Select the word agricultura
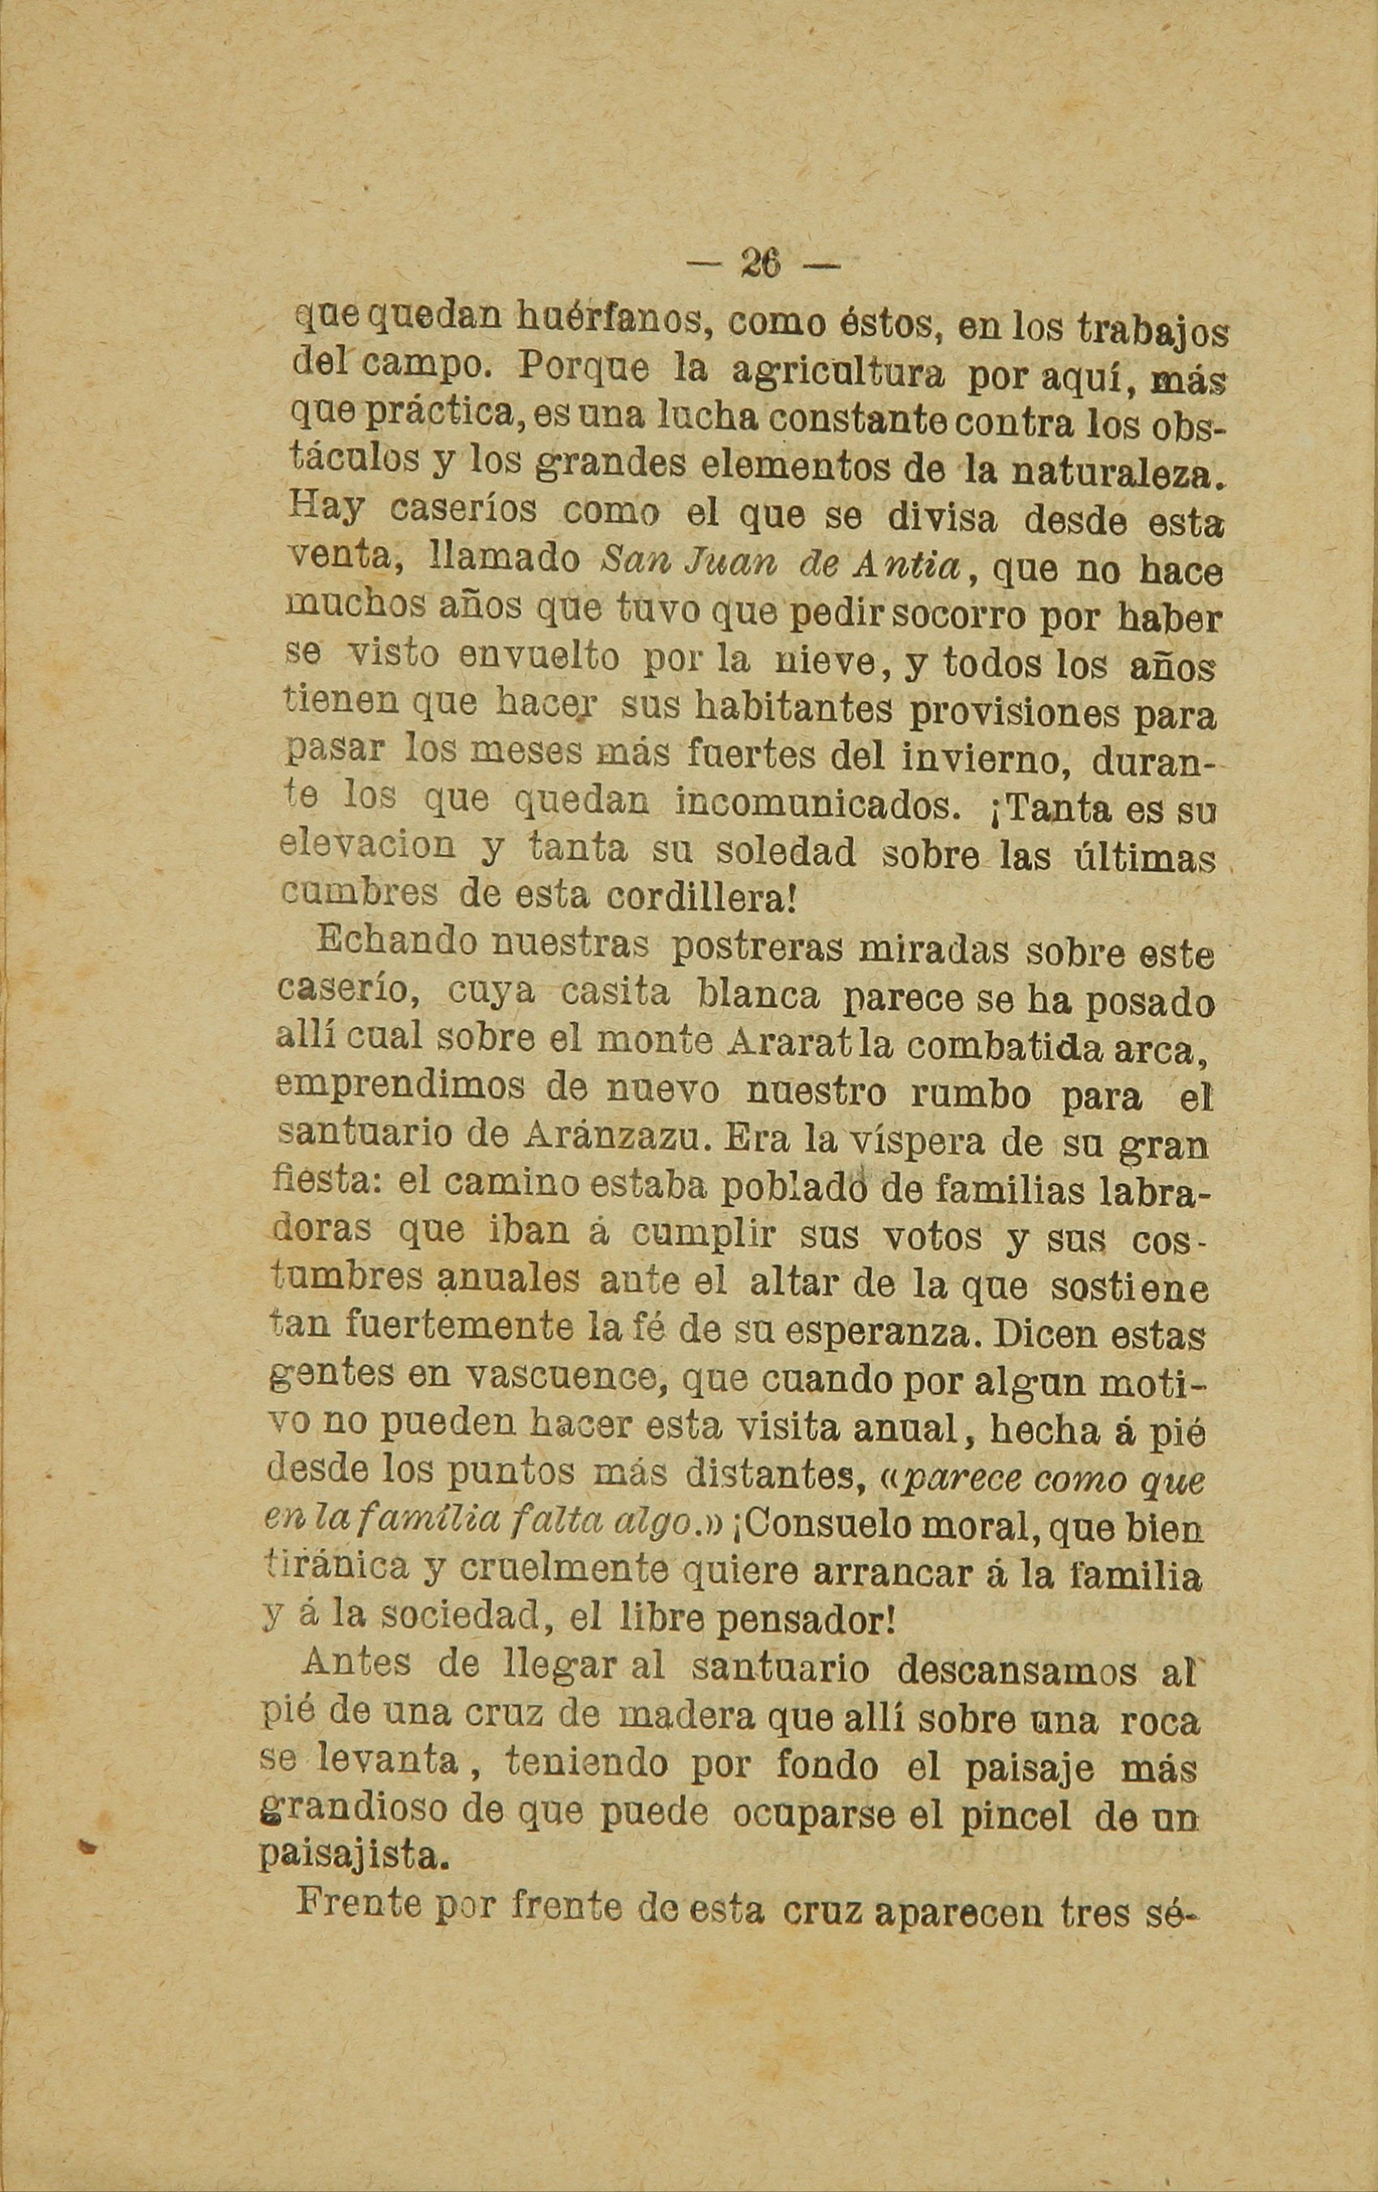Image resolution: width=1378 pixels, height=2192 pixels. point(838,371)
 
